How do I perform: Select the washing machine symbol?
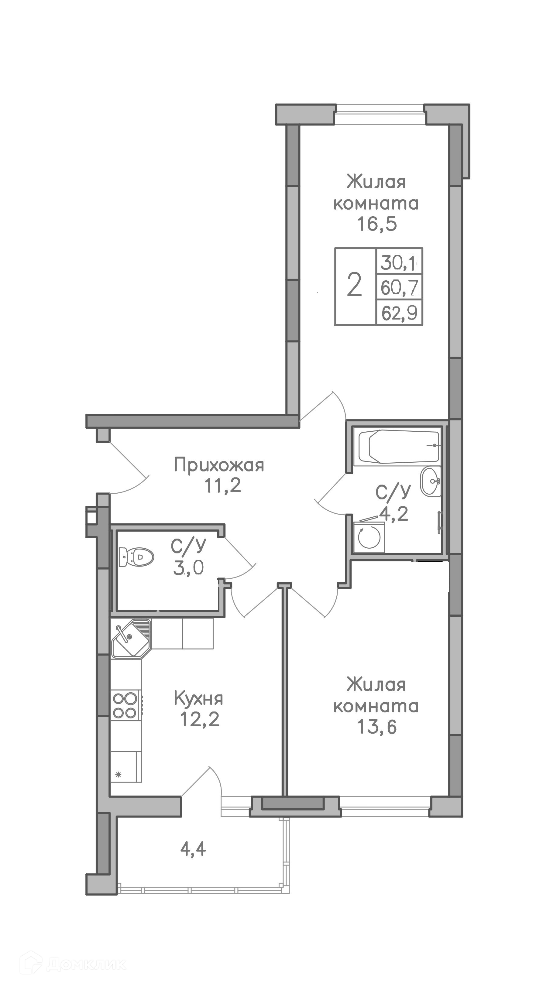(369, 536)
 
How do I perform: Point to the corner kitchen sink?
(131, 638)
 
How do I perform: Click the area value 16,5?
(377, 224)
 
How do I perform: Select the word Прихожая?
(219, 466)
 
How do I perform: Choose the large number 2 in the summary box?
(354, 285)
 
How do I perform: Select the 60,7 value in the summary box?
(400, 288)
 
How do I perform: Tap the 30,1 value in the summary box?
(400, 263)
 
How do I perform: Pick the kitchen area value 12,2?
(200, 719)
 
